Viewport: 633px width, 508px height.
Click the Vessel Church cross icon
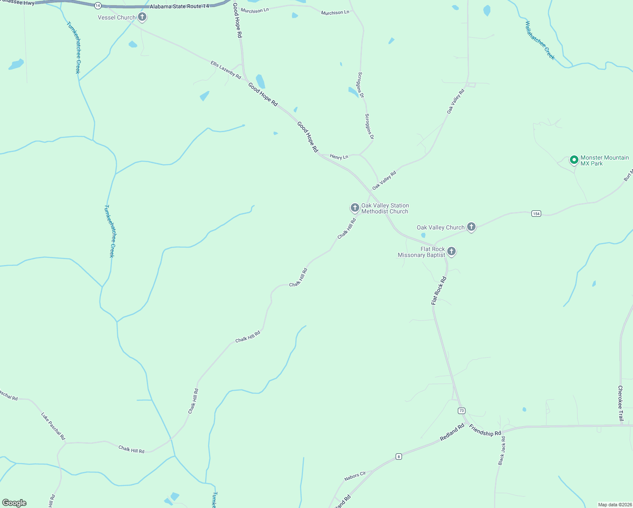coord(142,17)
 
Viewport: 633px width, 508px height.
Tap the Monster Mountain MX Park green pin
coord(574,160)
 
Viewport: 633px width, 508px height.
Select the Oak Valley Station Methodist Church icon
coord(355,207)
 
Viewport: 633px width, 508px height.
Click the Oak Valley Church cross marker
coord(471,227)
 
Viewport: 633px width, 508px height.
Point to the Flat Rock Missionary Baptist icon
coord(451,251)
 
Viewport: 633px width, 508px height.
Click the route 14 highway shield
coord(98,6)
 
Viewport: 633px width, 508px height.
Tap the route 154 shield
coord(536,214)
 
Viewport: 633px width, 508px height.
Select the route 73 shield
coord(461,411)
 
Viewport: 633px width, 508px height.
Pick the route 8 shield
coord(399,456)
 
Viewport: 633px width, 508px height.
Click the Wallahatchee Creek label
coord(539,40)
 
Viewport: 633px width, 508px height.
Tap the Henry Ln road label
coord(339,157)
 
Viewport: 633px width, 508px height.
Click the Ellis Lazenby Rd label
coord(226,70)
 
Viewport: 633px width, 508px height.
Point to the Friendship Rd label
coord(485,431)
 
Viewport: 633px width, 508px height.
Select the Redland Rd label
coord(452,432)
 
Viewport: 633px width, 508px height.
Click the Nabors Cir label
coord(355,476)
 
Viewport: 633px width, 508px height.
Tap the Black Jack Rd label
coord(502,451)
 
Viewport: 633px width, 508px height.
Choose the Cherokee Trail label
coord(621,403)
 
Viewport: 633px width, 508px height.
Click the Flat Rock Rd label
coord(439,291)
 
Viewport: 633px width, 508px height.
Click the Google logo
coord(14,503)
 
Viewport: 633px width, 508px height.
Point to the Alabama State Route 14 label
coord(179,6)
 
